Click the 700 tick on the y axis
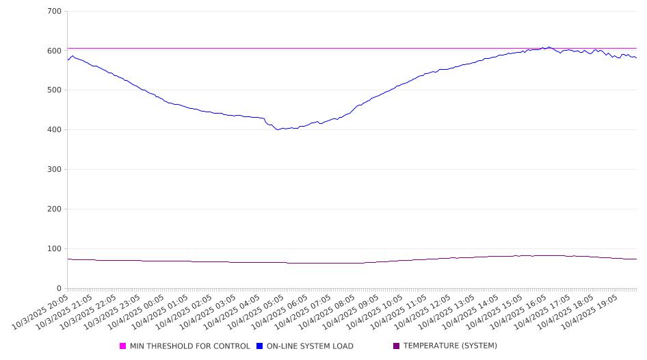pos(55,12)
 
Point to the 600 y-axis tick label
pos(55,51)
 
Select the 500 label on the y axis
pos(55,90)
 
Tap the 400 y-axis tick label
pos(55,130)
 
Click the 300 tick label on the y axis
pos(55,170)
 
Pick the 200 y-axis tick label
pos(55,209)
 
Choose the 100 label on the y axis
pos(55,249)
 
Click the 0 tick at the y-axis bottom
pos(60,288)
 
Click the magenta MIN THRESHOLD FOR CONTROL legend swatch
pos(123,346)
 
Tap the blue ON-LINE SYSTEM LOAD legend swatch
pos(260,346)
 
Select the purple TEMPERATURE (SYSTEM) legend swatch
pos(397,346)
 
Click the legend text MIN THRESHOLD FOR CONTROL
pos(189,346)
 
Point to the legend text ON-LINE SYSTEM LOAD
pos(310,346)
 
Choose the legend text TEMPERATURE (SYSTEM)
pos(450,346)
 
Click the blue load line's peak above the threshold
pos(549,47)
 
